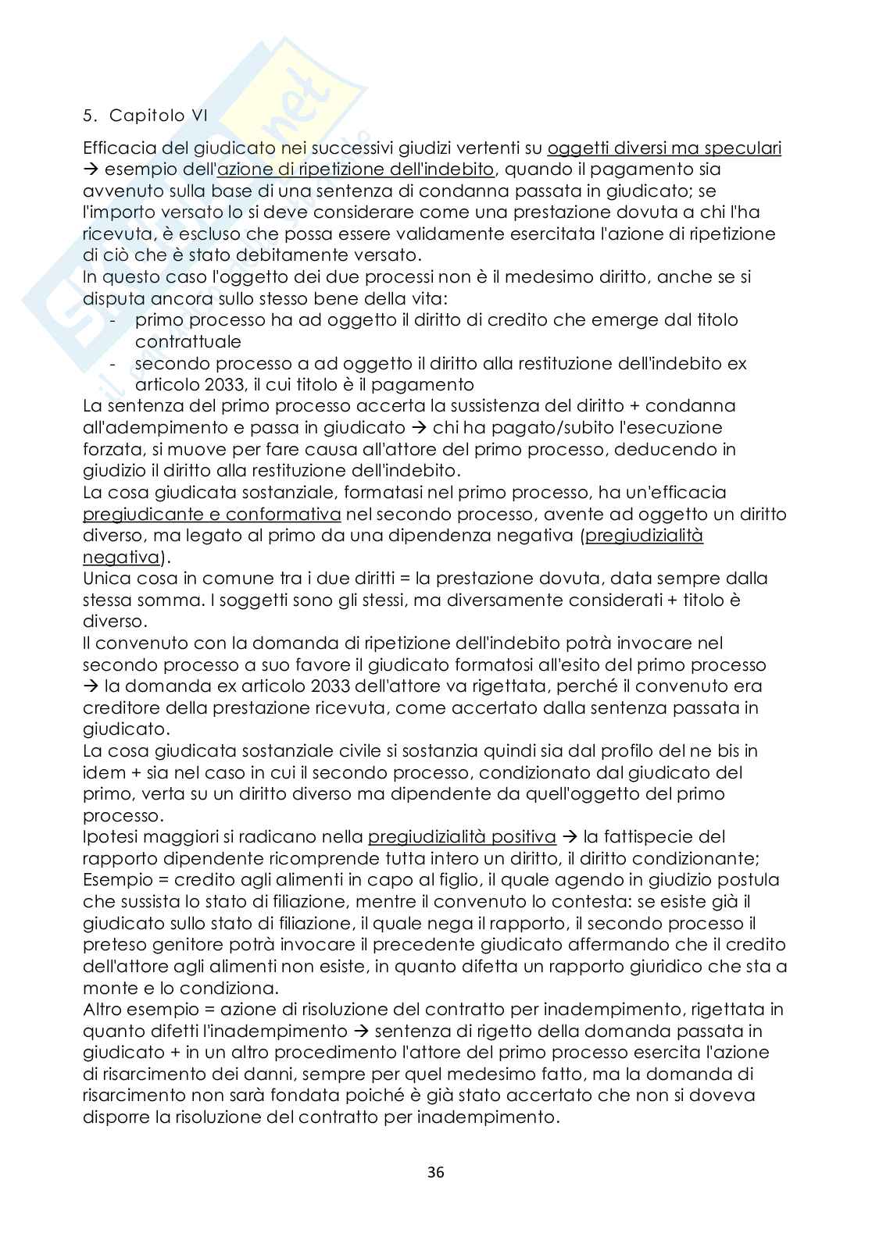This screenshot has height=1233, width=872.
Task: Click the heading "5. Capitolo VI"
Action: (x=145, y=116)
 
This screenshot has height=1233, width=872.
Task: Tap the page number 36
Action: (x=436, y=1172)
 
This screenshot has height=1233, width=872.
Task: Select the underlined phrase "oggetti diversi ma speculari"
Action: (x=665, y=148)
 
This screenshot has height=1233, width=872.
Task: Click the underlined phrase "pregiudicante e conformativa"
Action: (x=212, y=514)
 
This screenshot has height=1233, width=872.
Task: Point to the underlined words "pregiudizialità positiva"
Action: (x=462, y=837)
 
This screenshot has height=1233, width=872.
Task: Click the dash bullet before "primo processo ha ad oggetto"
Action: (x=115, y=320)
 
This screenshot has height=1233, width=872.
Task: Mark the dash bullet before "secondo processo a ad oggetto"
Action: (x=115, y=364)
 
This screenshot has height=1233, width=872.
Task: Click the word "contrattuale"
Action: (x=188, y=342)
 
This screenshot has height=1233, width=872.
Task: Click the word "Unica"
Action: (x=107, y=579)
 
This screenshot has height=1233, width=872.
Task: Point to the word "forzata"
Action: (x=111, y=450)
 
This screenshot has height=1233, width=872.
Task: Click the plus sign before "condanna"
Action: (x=634, y=406)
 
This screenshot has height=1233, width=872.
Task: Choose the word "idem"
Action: (x=102, y=772)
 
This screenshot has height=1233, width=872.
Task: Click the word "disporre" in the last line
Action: (x=116, y=1117)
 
